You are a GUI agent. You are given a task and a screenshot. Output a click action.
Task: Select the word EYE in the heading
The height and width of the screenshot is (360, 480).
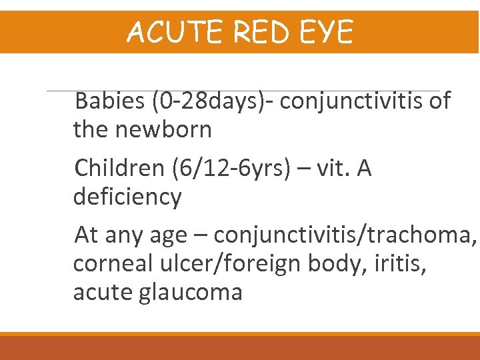[x=327, y=32]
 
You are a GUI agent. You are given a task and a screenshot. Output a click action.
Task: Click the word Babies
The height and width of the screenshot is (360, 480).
[x=109, y=101]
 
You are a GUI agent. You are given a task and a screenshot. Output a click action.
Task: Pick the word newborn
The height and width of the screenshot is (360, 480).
[x=164, y=129]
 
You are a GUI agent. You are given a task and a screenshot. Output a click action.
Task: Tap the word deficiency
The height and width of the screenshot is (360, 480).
[x=127, y=197]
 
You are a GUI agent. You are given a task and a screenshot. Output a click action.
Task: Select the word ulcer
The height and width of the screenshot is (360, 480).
[x=183, y=263]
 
